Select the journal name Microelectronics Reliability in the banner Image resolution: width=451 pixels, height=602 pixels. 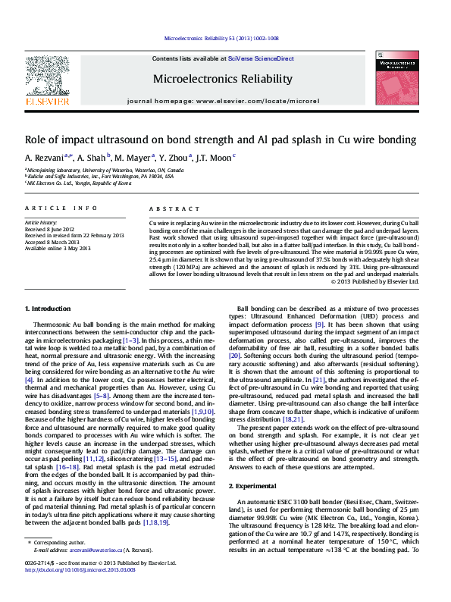222,79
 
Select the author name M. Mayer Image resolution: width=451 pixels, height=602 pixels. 133,158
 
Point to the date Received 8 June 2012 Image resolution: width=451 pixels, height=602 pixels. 50,228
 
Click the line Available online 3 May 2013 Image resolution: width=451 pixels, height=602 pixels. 58,248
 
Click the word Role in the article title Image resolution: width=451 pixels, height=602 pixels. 36,140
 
